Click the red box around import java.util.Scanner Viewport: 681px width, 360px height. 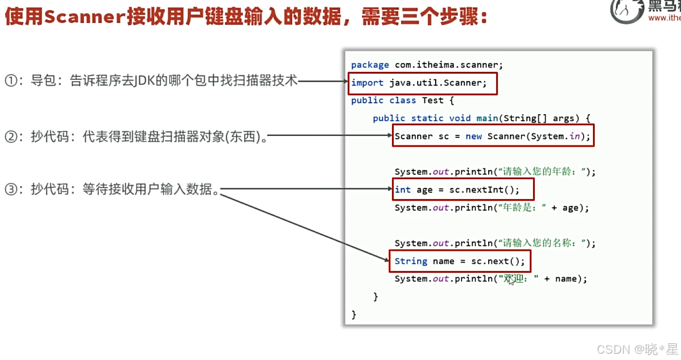(423, 83)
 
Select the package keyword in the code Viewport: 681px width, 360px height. (370, 65)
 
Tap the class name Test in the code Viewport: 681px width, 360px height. (433, 100)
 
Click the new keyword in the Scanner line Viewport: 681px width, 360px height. (474, 136)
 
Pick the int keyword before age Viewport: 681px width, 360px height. (403, 190)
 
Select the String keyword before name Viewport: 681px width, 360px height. (411, 261)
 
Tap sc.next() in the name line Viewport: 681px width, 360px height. (497, 261)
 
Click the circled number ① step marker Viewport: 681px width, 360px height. (11, 80)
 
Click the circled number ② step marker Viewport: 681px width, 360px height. (11, 136)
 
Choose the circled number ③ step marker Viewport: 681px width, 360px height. (11, 189)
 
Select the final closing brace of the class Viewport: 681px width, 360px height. (354, 314)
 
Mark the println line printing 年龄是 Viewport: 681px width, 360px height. (491, 208)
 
